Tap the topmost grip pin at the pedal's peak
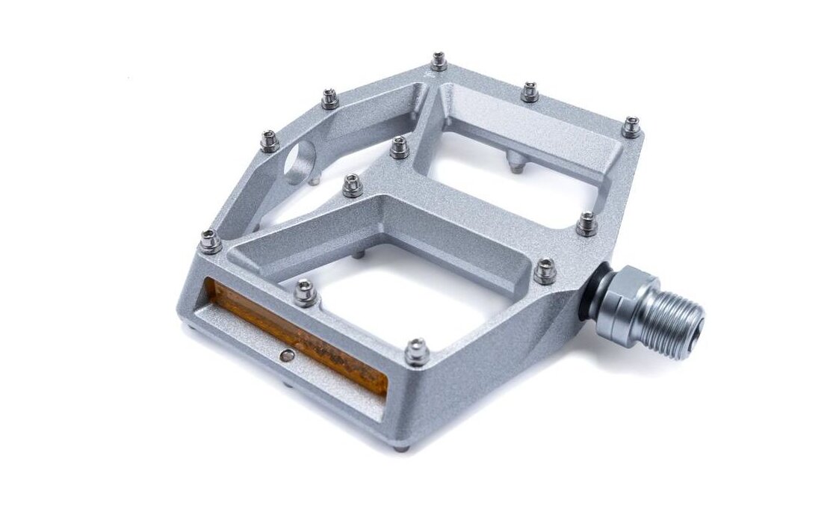pos(439,61)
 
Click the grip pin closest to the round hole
pos(270,141)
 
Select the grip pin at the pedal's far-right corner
pos(631,127)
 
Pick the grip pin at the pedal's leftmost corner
pos(210,241)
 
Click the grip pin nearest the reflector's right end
pos(417,351)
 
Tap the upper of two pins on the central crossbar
pos(400,147)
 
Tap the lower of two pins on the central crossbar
pos(353,185)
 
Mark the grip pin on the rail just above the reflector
pos(305,292)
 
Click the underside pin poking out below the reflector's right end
pos(402,448)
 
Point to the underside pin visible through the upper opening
pos(515,162)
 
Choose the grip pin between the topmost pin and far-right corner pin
pos(530,92)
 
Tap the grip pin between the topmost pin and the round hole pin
pos(330,98)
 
